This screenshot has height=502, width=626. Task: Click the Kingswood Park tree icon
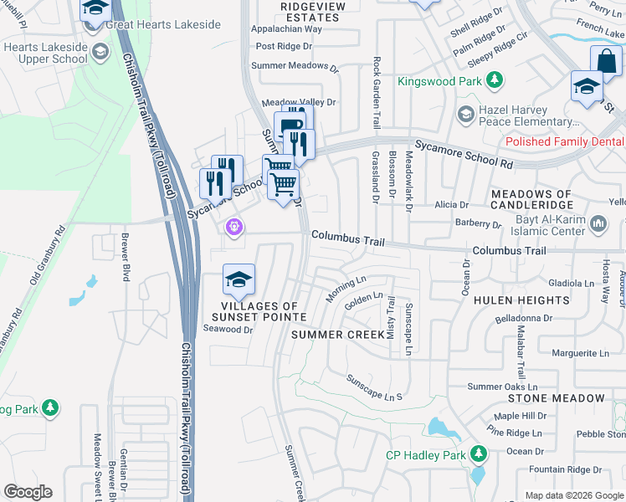[x=495, y=80]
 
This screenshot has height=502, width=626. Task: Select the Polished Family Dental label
[x=565, y=141]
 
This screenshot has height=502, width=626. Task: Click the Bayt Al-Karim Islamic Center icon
[x=598, y=223]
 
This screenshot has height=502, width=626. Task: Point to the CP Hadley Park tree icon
[x=478, y=454]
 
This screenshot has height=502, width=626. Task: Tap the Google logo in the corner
[x=27, y=492]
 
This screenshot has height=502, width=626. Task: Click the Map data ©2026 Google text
[x=574, y=495]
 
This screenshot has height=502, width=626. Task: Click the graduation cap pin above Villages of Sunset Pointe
[x=239, y=280]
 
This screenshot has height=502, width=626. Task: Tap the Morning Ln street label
[x=346, y=289]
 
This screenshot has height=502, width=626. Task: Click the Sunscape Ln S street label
[x=376, y=386]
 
